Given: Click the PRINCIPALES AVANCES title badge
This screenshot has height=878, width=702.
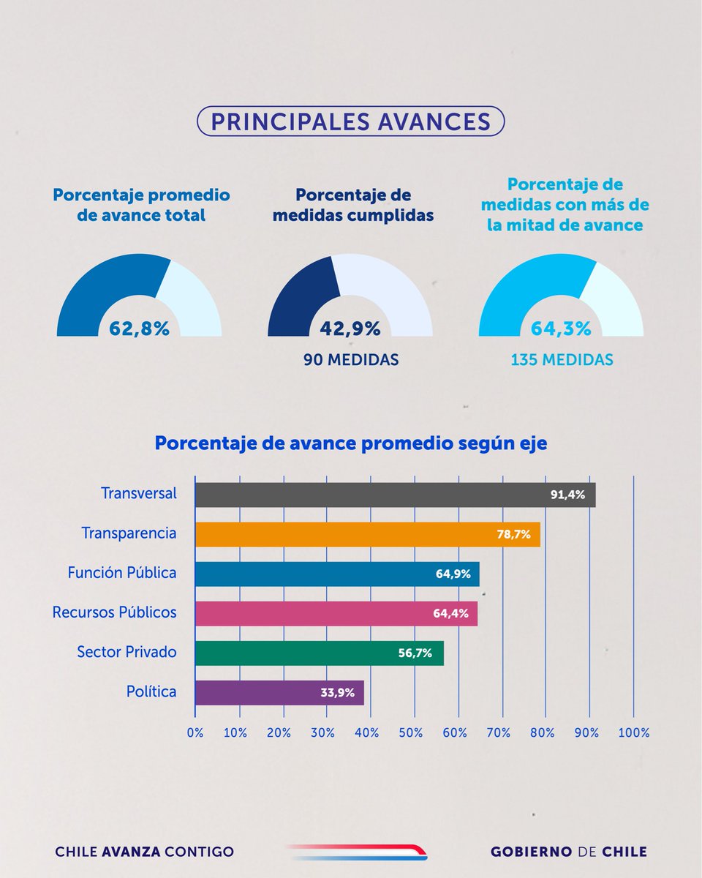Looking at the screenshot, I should click(350, 121).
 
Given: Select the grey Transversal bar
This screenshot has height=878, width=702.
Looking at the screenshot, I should click(395, 495).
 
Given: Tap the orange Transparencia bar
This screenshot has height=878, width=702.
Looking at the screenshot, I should click(367, 534).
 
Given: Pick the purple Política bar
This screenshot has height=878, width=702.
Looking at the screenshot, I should click(279, 692).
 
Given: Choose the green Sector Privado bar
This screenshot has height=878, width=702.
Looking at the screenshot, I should click(319, 653).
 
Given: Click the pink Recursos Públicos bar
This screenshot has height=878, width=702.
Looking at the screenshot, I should click(336, 613).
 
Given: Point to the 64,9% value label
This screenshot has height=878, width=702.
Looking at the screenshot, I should click(453, 574).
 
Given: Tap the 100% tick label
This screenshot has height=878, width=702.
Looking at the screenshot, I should click(633, 732).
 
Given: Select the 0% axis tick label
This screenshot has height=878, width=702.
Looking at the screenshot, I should click(195, 732).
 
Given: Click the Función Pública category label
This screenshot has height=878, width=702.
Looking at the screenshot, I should click(122, 573).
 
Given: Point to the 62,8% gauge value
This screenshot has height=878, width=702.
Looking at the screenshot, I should click(139, 329).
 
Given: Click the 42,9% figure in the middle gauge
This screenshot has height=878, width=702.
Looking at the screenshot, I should click(350, 329).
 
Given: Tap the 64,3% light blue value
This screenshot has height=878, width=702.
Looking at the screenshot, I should click(561, 329).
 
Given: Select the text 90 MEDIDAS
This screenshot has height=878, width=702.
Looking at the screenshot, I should click(350, 361).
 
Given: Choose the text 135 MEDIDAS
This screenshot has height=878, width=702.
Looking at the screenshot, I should click(561, 361).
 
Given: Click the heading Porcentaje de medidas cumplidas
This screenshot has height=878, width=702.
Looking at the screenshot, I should click(353, 206).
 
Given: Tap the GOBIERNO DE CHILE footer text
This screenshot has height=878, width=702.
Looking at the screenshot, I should click(568, 852).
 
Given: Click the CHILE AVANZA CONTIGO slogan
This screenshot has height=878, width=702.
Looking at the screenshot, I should click(145, 852).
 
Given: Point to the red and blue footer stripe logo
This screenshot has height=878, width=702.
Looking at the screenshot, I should click(356, 851).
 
